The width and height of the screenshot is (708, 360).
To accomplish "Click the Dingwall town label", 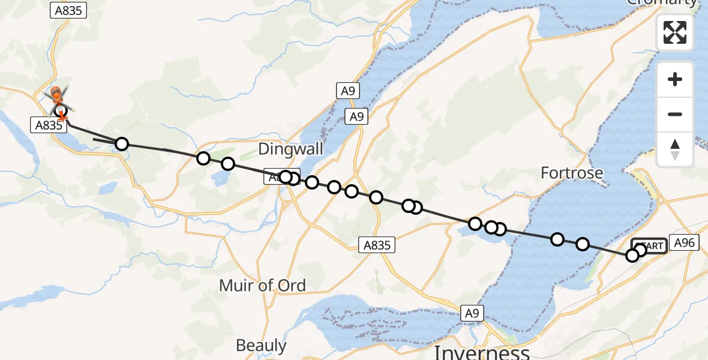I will (290, 149).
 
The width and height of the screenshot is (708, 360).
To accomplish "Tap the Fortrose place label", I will (572, 173).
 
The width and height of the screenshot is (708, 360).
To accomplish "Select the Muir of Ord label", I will (262, 285).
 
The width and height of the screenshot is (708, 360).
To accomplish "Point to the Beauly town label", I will (261, 346).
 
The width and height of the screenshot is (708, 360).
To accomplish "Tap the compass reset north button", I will (675, 149).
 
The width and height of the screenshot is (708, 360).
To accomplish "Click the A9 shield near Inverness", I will (472, 312).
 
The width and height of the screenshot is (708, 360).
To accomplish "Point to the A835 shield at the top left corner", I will (70, 10).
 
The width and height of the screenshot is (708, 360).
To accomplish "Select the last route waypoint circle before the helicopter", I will (122, 144).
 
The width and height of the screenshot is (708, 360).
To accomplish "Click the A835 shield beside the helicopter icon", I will (47, 125).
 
